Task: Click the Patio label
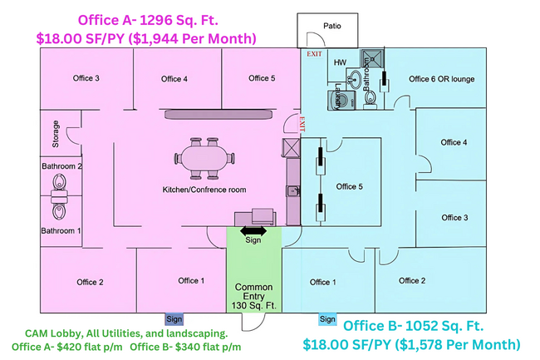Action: (332, 26)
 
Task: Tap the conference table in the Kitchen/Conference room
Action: (205, 158)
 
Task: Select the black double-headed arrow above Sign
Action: (253, 231)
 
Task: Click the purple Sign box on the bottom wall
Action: (174, 319)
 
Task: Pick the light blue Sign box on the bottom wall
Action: (327, 319)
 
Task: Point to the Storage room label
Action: (56, 134)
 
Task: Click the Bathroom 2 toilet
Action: (59, 181)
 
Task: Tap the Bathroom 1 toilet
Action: (59, 211)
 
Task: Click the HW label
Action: (340, 62)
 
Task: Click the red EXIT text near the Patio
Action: (314, 54)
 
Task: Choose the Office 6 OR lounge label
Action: (441, 79)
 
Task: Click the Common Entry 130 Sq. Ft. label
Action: (254, 296)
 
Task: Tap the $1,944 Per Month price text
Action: (192, 38)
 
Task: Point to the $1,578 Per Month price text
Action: (457, 344)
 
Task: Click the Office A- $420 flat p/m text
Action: (67, 347)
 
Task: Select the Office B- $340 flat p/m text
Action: (185, 347)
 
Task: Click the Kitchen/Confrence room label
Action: (204, 190)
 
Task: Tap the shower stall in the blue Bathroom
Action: (372, 58)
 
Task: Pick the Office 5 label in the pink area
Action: (262, 78)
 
